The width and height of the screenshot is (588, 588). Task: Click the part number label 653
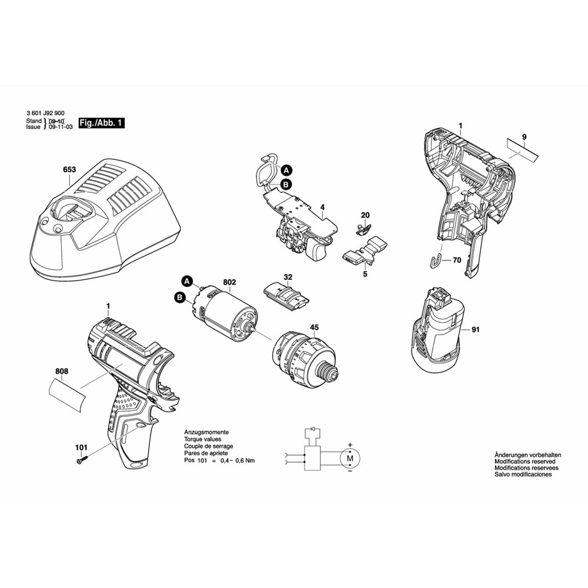pos(69,169)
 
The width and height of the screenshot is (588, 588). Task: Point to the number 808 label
pos(62,372)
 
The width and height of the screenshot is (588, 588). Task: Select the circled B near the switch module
pos(286,185)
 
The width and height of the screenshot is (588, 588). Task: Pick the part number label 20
pos(365,215)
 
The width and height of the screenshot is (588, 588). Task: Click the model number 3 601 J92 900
pos(46,113)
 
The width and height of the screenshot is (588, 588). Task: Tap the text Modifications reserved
pos(524,462)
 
